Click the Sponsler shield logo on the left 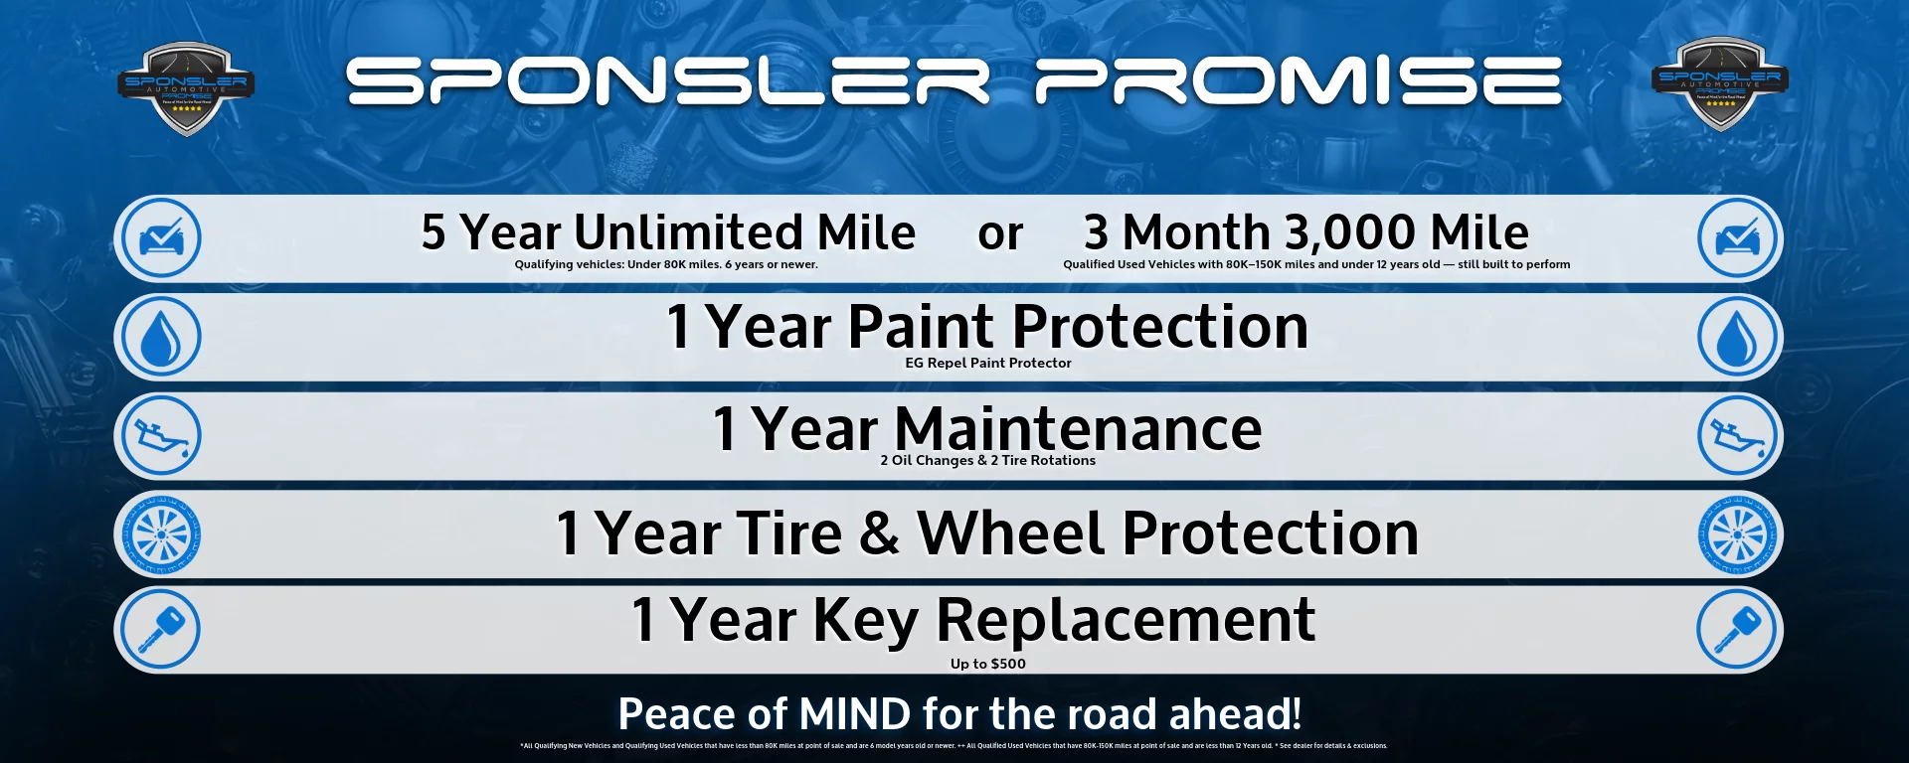[x=186, y=87]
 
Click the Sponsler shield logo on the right [x=1719, y=83]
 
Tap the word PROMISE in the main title [x=1298, y=81]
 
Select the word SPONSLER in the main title [x=667, y=81]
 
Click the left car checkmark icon [x=159, y=238]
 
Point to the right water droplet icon [x=1738, y=338]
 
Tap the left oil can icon [x=159, y=435]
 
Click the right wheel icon [x=1738, y=534]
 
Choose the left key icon [x=159, y=630]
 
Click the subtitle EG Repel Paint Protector [x=987, y=364]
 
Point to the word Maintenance [x=1078, y=429]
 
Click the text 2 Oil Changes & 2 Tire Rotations [x=987, y=461]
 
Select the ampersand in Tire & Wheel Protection [x=879, y=534]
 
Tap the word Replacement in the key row [x=1126, y=620]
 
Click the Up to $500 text [x=987, y=664]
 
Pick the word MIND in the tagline [x=854, y=714]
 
